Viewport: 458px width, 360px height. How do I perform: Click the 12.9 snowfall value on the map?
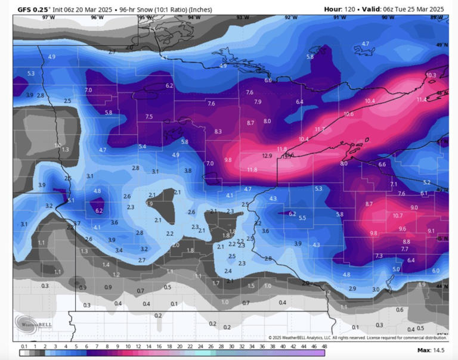(x=267, y=156)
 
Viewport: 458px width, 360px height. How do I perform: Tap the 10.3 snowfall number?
(x=431, y=75)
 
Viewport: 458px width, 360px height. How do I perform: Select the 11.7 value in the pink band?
(x=320, y=129)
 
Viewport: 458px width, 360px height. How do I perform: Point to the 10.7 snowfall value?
(x=398, y=215)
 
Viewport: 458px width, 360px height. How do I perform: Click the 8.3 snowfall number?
(x=218, y=131)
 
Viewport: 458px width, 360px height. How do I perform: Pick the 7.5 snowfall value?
(x=149, y=116)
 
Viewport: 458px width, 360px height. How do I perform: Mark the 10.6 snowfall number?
(x=349, y=114)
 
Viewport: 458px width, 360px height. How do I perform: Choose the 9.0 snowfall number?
(x=414, y=207)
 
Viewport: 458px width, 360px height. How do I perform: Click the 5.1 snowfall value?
(x=71, y=201)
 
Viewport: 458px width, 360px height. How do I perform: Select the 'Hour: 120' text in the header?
(x=341, y=9)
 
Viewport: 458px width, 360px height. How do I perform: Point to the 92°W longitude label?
(x=290, y=18)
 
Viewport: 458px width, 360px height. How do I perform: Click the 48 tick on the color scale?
(x=324, y=346)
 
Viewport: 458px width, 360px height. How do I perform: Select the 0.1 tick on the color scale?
(x=24, y=346)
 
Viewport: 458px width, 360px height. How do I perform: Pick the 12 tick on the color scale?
(x=138, y=346)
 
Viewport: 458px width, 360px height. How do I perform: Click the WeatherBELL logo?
(x=32, y=323)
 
